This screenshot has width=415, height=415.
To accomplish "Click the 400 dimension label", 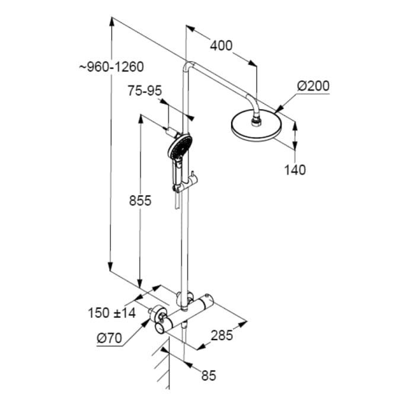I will pyautogui.click(x=221, y=45).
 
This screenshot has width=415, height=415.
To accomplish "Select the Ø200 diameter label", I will pyautogui.click(x=313, y=87).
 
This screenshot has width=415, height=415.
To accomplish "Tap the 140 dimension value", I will pyautogui.click(x=295, y=170).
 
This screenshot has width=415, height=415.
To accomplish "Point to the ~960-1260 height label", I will pyautogui.click(x=111, y=67).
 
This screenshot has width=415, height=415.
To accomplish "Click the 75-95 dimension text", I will pyautogui.click(x=145, y=91).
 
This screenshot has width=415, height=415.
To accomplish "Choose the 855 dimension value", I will pyautogui.click(x=141, y=201).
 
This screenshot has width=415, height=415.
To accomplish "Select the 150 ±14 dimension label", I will pyautogui.click(x=111, y=312).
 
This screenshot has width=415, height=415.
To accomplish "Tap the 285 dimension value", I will pyautogui.click(x=222, y=336).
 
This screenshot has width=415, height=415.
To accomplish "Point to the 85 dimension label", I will pyautogui.click(x=208, y=375).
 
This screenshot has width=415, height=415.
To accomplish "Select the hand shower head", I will pyautogui.click(x=180, y=146).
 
